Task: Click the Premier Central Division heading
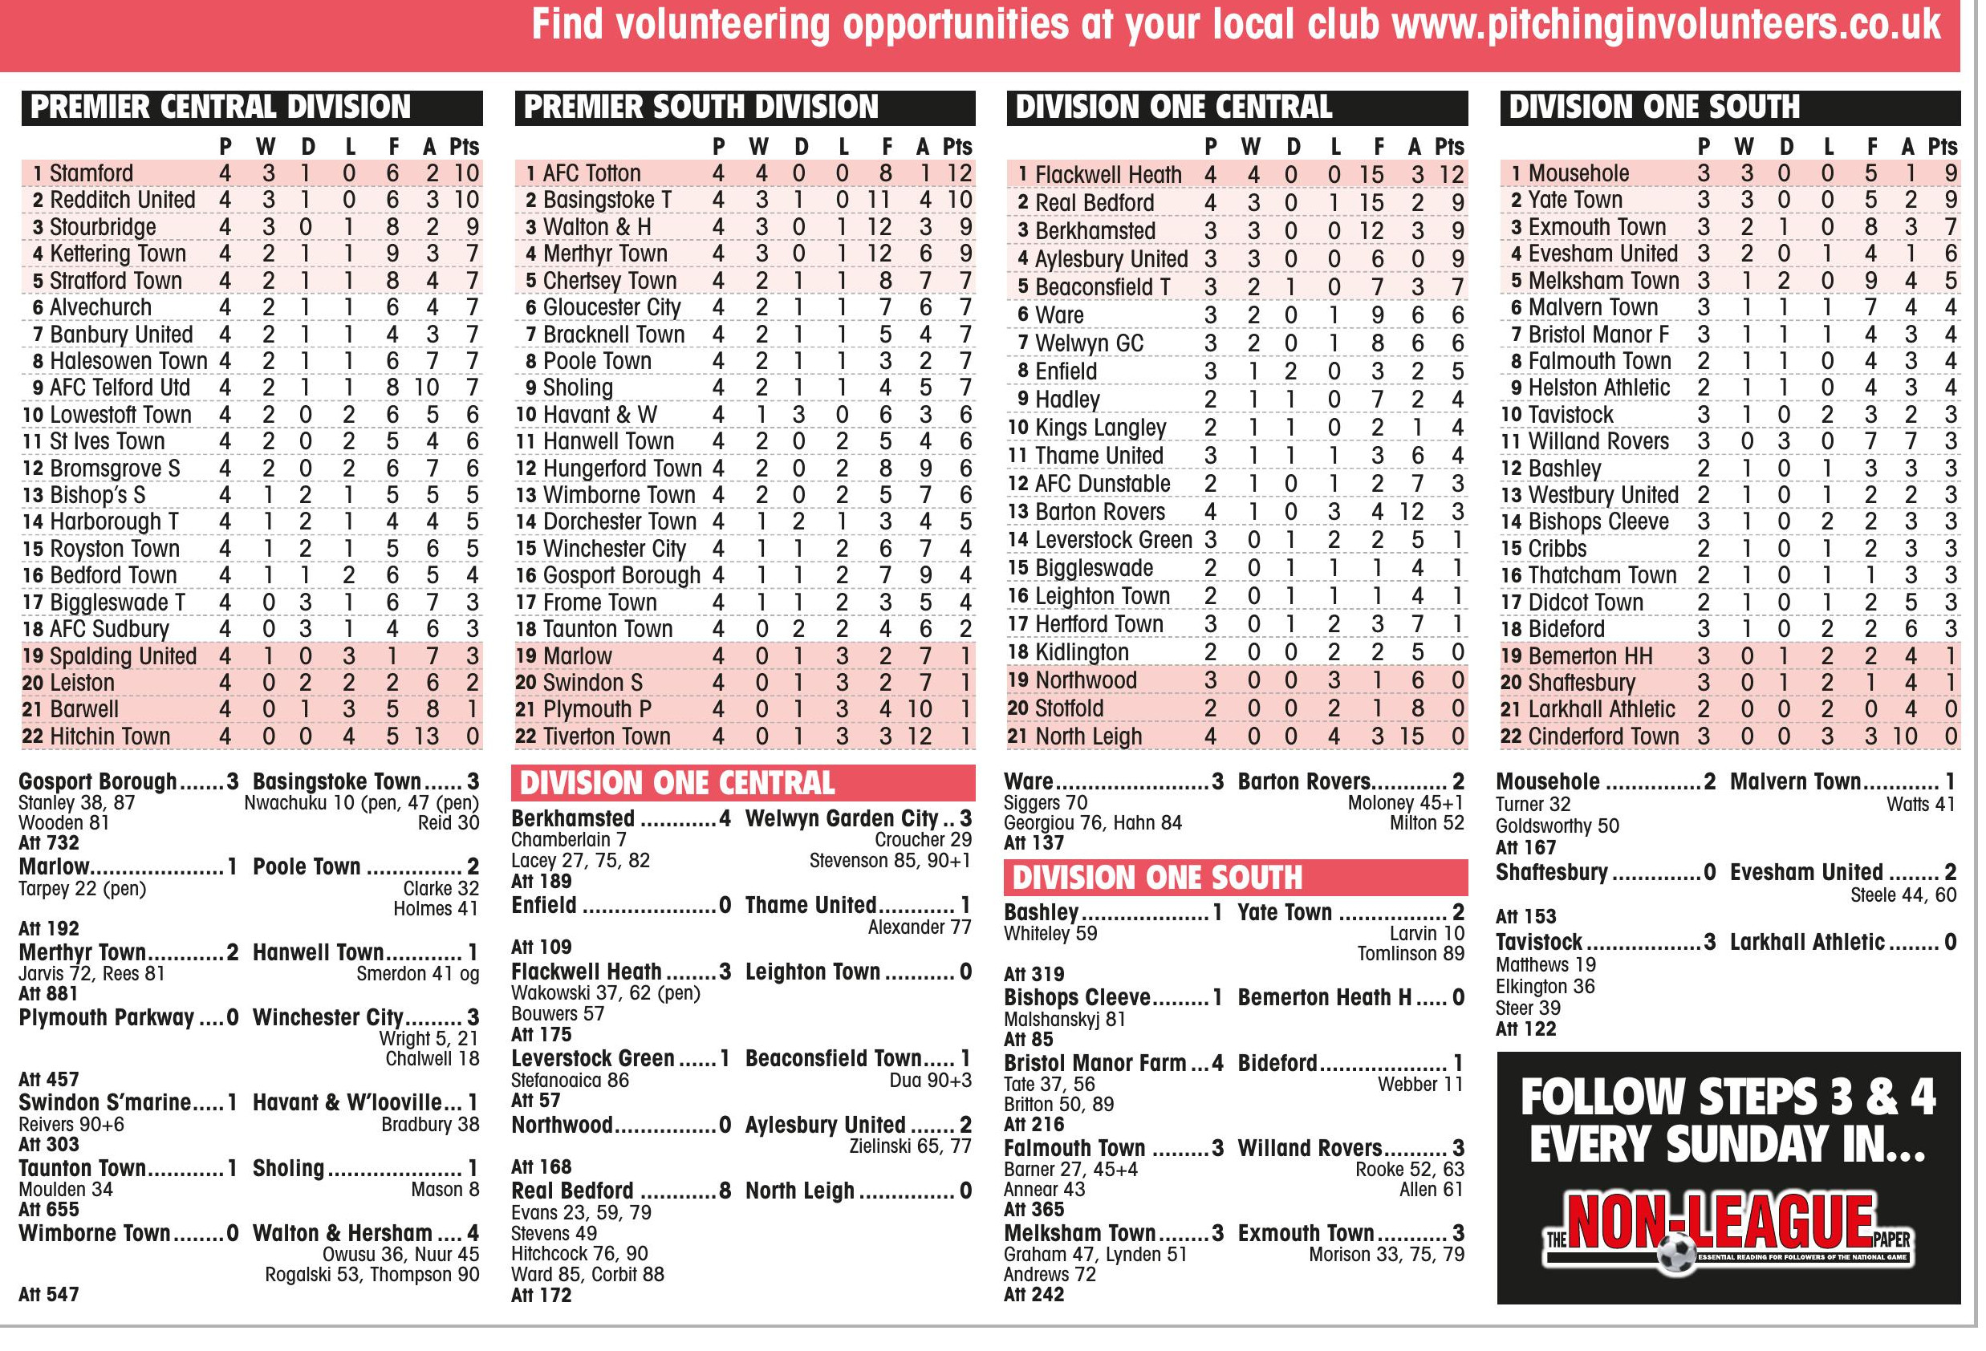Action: pos(221,108)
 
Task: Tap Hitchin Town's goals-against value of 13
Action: pos(426,736)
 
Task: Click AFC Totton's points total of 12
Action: pos(959,173)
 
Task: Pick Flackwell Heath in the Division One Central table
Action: pos(1107,175)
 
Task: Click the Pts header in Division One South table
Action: pos(1942,147)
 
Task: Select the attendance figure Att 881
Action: pos(49,994)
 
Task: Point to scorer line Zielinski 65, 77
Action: pos(910,1146)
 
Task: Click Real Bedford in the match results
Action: pos(573,1191)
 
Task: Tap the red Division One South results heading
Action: pos(1157,878)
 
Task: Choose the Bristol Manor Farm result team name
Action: pos(1095,1063)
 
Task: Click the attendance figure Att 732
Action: pos(49,843)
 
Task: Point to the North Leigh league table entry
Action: pos(1088,736)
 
